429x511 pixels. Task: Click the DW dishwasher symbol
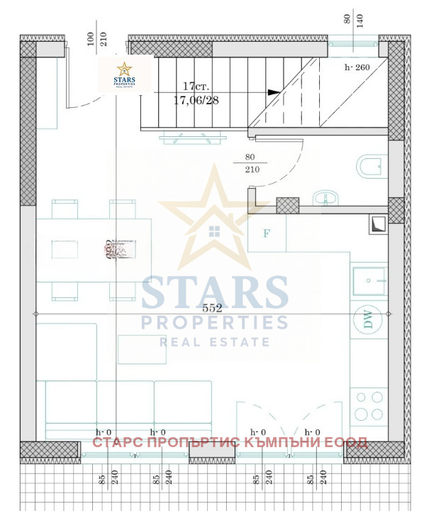pyautogui.click(x=368, y=319)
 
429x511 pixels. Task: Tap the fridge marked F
pyautogui.click(x=267, y=232)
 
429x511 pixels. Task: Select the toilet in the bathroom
pyautogui.click(x=370, y=167)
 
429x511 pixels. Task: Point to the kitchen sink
pyautogui.click(x=369, y=280)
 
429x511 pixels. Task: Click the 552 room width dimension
pyautogui.click(x=212, y=308)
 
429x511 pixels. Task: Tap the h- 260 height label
pyautogui.click(x=358, y=68)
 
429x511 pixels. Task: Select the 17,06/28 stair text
pyautogui.click(x=196, y=100)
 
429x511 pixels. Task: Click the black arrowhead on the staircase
pyautogui.click(x=273, y=92)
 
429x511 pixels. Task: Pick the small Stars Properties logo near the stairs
pyautogui.click(x=125, y=75)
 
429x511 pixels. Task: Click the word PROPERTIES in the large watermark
pyautogui.click(x=214, y=323)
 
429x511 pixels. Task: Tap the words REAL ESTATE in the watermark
pyautogui.click(x=214, y=342)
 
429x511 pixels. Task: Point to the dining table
pyautogui.click(x=94, y=249)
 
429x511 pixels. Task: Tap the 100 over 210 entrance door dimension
pyautogui.click(x=97, y=38)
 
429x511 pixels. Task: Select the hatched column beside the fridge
pyautogui.click(x=287, y=205)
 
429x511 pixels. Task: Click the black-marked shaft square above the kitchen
pyautogui.click(x=377, y=224)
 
